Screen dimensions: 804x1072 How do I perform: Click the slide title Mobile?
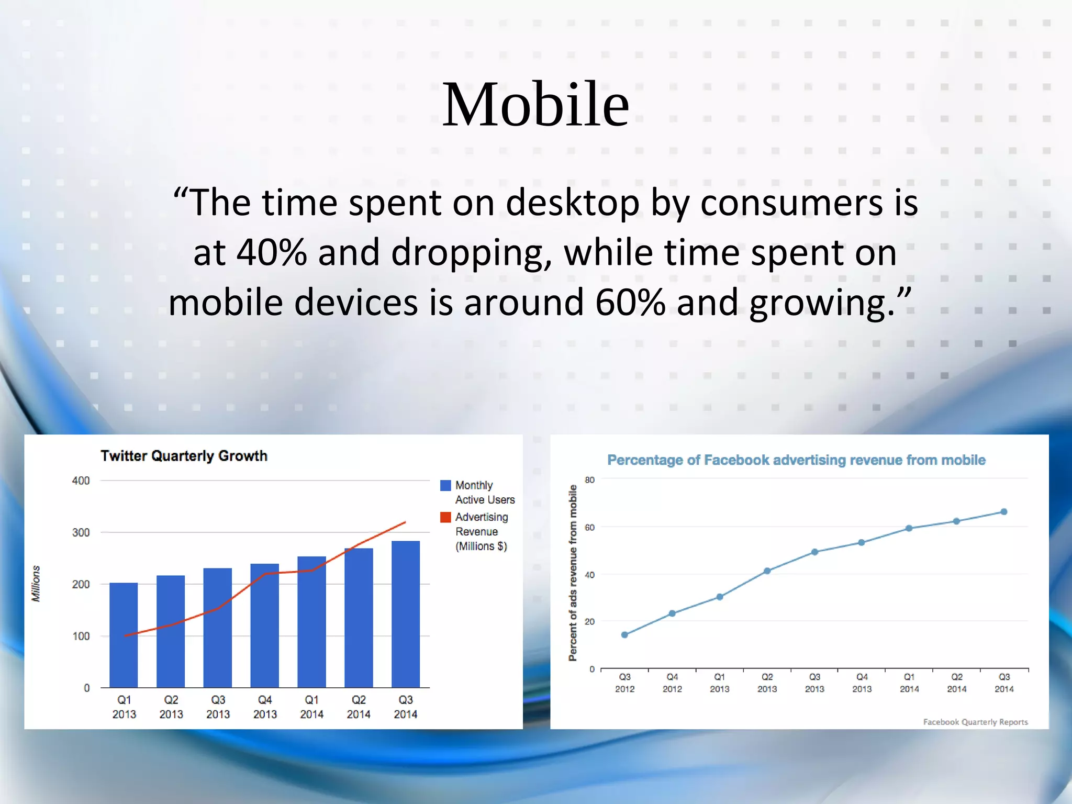pyautogui.click(x=535, y=105)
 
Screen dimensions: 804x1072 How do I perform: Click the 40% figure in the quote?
pyautogui.click(x=271, y=253)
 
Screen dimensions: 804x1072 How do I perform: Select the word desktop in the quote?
pyautogui.click(x=572, y=203)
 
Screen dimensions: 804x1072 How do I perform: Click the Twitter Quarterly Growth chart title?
pyautogui.click(x=184, y=456)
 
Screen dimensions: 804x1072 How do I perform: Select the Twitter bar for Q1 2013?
pyautogui.click(x=124, y=635)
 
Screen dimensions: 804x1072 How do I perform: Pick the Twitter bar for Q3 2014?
pyautogui.click(x=406, y=614)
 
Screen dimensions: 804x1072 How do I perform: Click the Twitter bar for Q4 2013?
pyautogui.click(x=264, y=626)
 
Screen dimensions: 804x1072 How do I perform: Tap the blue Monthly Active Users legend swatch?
pyautogui.click(x=445, y=485)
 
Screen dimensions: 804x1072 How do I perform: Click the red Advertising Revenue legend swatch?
pyautogui.click(x=445, y=517)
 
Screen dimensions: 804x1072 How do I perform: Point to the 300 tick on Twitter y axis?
pyautogui.click(x=81, y=532)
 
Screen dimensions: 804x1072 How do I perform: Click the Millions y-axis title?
pyautogui.click(x=36, y=584)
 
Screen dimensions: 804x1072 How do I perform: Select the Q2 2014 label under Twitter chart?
pyautogui.click(x=359, y=707)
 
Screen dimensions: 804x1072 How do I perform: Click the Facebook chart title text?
pyautogui.click(x=796, y=460)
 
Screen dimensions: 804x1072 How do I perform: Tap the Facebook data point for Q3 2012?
pyautogui.click(x=624, y=635)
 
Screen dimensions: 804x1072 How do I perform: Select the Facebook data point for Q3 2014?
pyautogui.click(x=1004, y=512)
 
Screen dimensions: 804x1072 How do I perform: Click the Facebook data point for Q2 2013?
pyautogui.click(x=767, y=571)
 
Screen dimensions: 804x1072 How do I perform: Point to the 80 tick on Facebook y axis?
pyautogui.click(x=589, y=480)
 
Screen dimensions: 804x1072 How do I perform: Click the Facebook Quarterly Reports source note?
pyautogui.click(x=975, y=722)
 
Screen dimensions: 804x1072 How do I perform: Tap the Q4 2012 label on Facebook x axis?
pyautogui.click(x=672, y=683)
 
